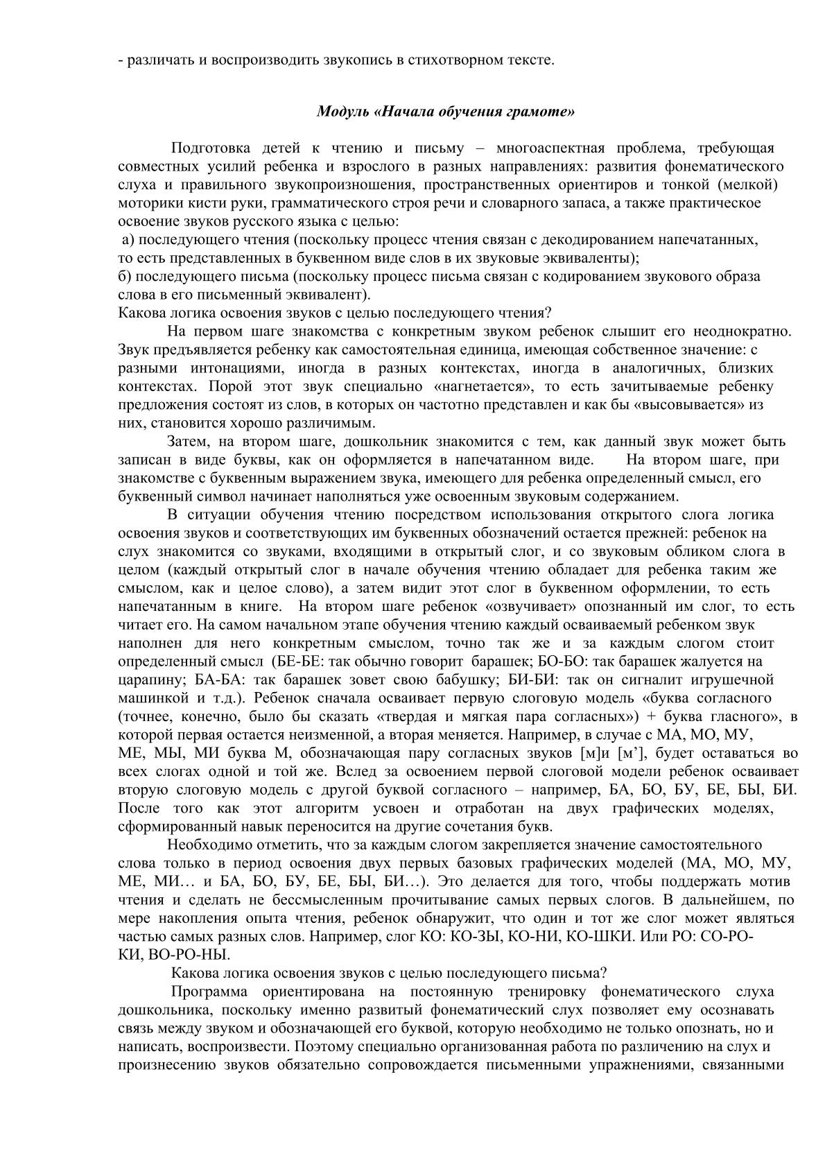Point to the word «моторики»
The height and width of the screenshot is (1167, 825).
pyautogui.click(x=145, y=203)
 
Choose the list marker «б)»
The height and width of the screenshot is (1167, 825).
pyautogui.click(x=125, y=276)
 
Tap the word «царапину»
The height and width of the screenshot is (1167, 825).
pyautogui.click(x=145, y=680)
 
